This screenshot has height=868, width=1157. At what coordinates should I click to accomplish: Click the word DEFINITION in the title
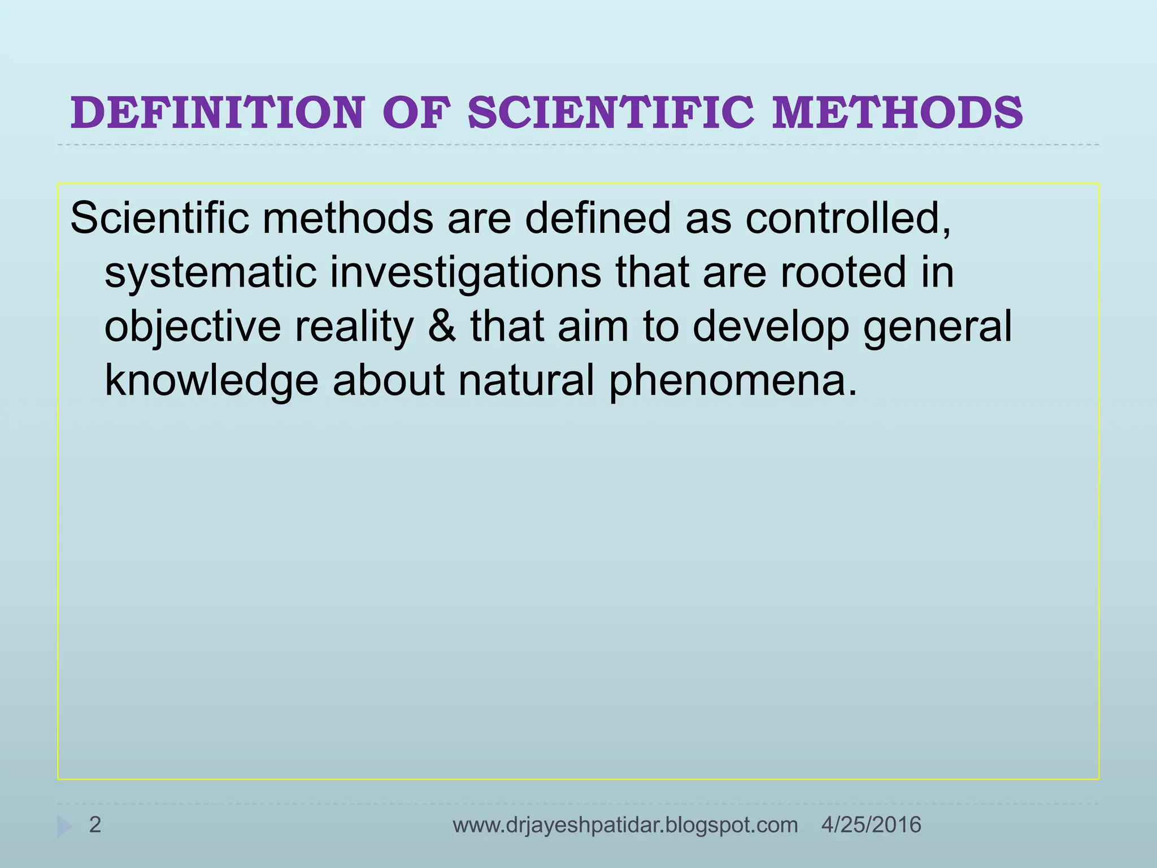pyautogui.click(x=218, y=112)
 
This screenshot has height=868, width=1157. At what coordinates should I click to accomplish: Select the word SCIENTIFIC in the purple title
pyautogui.click(x=611, y=112)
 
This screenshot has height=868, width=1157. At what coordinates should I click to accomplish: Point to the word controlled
pyautogui.click(x=847, y=218)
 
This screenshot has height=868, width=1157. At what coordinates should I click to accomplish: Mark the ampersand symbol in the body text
pyautogui.click(x=442, y=327)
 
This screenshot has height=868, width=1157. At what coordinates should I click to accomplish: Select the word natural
pyautogui.click(x=526, y=381)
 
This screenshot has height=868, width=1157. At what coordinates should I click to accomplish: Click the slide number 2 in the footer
pyautogui.click(x=95, y=825)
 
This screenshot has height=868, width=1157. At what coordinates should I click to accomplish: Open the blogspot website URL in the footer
pyautogui.click(x=625, y=825)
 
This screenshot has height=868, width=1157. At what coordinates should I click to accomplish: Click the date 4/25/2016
pyautogui.click(x=871, y=825)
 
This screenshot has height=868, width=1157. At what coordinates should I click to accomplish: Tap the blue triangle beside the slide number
pyautogui.click(x=64, y=827)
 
